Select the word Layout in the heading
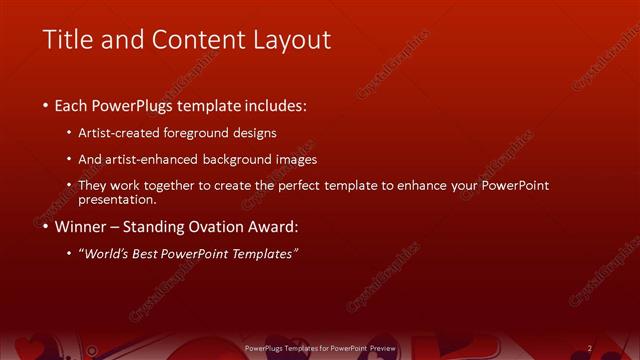tap(290, 40)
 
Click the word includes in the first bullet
tap(270, 104)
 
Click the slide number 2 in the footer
tap(590, 348)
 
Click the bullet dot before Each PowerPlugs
tap(45, 105)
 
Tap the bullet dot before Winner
tap(45, 227)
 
